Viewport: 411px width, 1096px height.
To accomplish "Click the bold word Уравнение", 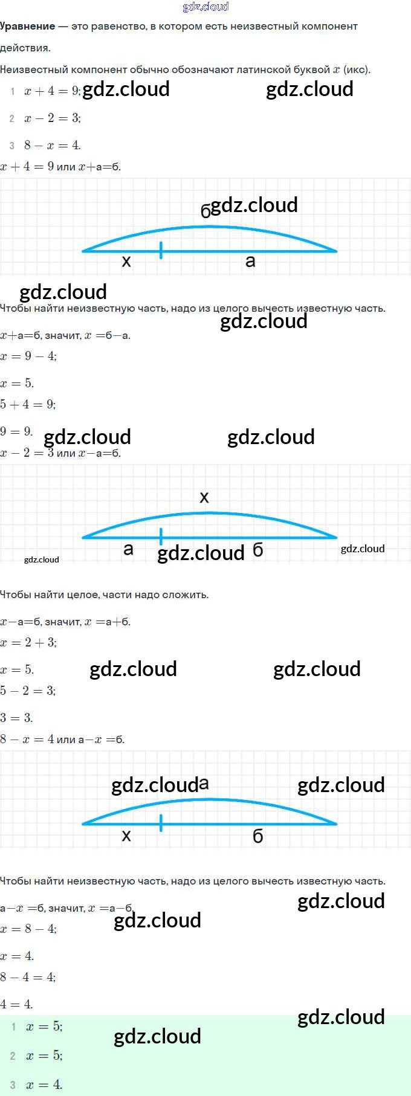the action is pos(28,27).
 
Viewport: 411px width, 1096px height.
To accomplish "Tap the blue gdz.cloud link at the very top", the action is pos(205,7).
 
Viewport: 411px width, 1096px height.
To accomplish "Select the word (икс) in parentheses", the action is pos(357,69).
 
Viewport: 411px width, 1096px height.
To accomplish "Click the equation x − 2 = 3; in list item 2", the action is pos(53,118).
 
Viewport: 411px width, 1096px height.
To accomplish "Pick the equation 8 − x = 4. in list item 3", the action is pos(53,145).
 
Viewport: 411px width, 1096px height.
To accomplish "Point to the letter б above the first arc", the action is pos(205,211).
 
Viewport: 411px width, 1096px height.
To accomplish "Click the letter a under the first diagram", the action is pos(250,262).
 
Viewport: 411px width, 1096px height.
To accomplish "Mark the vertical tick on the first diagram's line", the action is pos(161,250).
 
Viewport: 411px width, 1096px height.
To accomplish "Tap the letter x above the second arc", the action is pos(204,497).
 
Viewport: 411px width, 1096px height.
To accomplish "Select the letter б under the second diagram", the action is pos(258,550).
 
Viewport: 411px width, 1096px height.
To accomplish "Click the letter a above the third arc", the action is pos(204,784).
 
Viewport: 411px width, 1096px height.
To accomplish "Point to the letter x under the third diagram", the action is pos(126,836).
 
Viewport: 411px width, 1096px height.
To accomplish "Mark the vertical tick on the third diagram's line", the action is pos(161,823).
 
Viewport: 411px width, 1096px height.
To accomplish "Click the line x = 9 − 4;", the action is pos(28,356).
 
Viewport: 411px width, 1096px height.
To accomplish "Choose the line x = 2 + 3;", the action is pos(28,643).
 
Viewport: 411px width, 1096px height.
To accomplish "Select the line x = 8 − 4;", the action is pos(28,929).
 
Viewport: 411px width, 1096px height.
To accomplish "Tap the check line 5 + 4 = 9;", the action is pos(28,404).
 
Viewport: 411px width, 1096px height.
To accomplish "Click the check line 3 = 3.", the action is pos(16,718).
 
